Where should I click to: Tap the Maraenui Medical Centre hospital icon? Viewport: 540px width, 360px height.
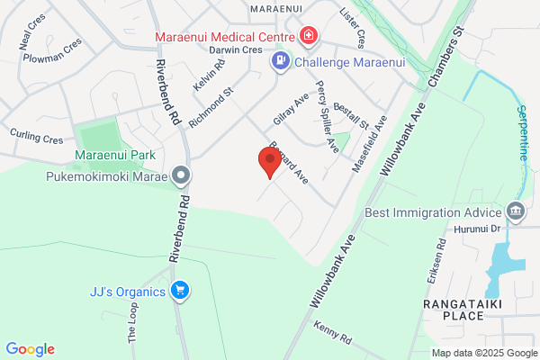pos(309,36)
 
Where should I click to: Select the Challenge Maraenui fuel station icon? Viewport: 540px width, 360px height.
pos(281,60)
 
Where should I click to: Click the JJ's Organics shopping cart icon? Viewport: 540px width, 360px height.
pos(180,291)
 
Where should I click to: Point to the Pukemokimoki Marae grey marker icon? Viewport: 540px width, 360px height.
pos(182,175)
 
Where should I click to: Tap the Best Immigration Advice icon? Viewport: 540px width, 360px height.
pos(516,212)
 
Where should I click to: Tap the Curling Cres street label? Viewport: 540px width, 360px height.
pos(37,139)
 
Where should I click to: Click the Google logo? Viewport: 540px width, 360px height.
pos(30,349)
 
